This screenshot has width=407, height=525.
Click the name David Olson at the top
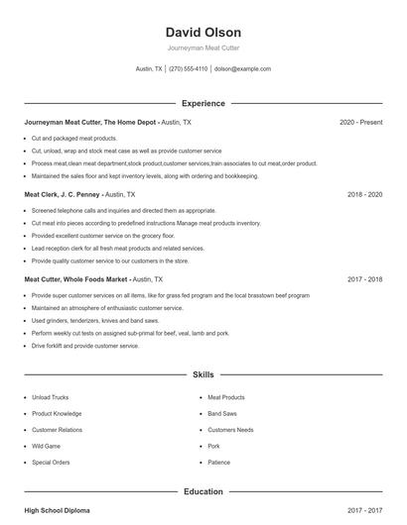(x=203, y=33)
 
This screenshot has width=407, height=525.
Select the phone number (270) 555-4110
(x=189, y=69)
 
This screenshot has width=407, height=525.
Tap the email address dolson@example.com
(x=242, y=69)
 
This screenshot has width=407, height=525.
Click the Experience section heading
(x=203, y=103)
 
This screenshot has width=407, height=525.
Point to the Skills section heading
(x=203, y=375)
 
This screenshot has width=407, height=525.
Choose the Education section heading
(x=203, y=491)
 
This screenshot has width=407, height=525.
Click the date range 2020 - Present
(x=360, y=122)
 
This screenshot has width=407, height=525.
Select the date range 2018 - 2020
(x=364, y=195)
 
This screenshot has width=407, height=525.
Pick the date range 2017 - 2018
(x=364, y=279)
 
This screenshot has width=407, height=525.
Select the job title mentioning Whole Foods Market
(x=93, y=279)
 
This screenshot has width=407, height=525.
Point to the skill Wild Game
(x=47, y=447)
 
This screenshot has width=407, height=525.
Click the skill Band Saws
(x=223, y=414)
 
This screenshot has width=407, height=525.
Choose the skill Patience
(x=219, y=463)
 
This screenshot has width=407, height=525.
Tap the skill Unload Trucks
(x=51, y=398)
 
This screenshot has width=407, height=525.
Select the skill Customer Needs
(x=230, y=430)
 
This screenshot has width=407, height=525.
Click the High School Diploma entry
(x=57, y=510)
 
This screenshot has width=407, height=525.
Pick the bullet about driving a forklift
(x=85, y=346)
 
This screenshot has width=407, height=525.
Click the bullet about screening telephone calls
(x=109, y=211)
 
